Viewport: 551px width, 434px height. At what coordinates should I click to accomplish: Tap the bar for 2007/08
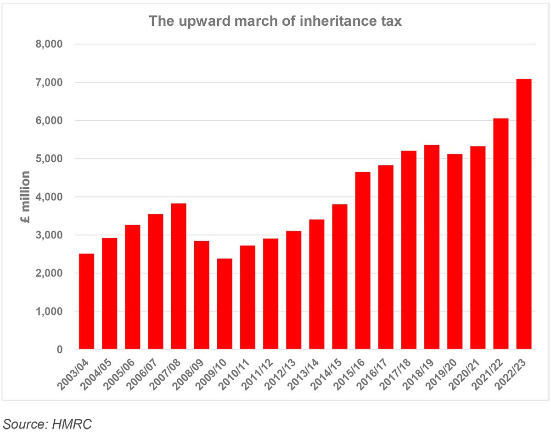click(x=179, y=276)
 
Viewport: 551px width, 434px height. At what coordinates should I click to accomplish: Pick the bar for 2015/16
click(x=363, y=260)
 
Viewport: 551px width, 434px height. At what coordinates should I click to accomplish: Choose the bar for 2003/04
click(x=86, y=301)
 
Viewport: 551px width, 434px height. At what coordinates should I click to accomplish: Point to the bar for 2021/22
click(x=500, y=234)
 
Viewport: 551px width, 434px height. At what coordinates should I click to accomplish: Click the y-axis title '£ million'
click(x=26, y=197)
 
